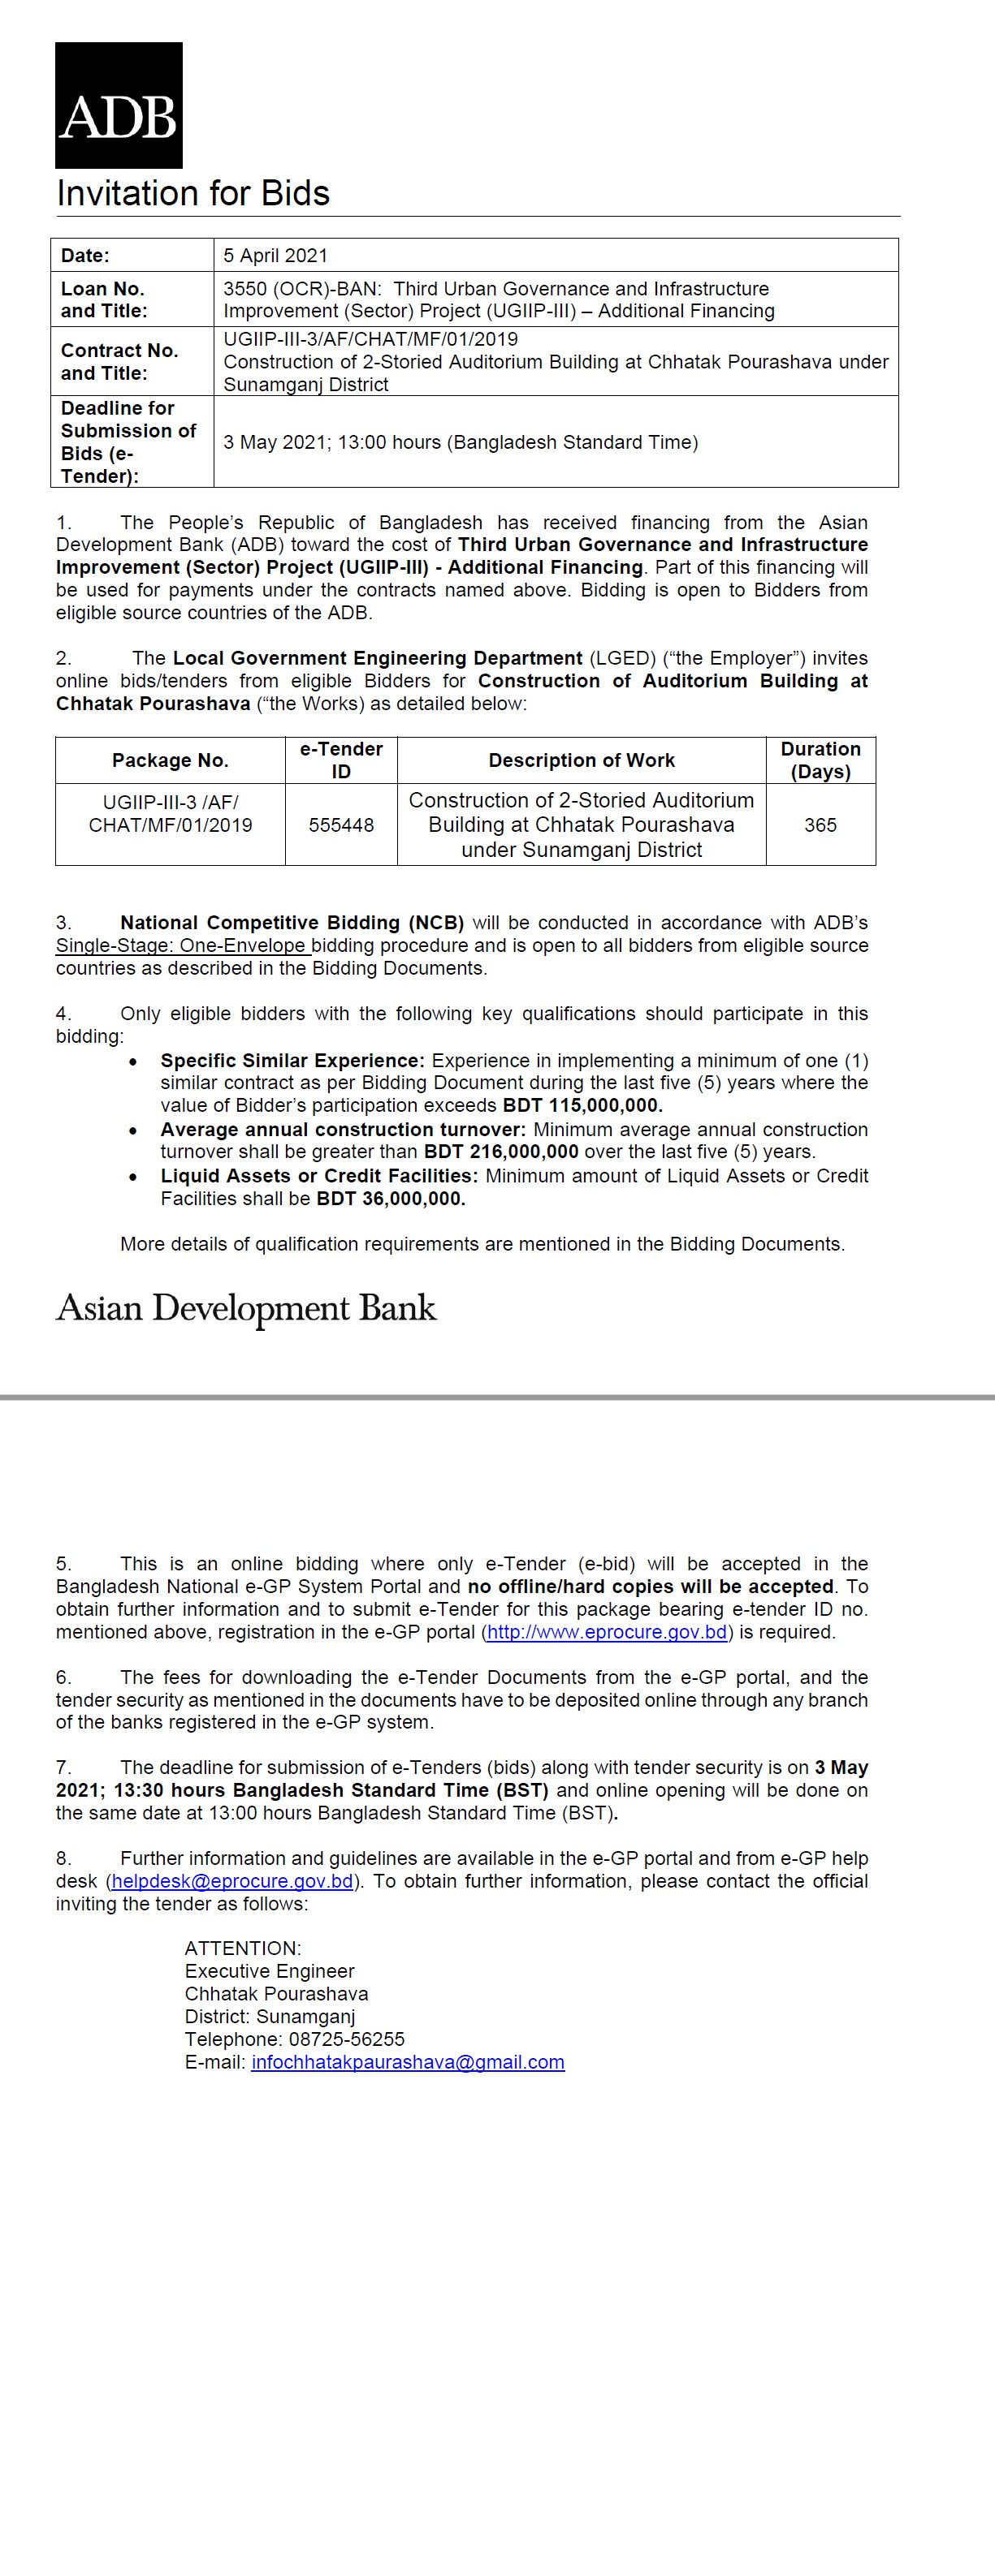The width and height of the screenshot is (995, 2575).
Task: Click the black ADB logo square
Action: coord(119,105)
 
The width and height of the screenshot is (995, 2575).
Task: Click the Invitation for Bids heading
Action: coord(193,193)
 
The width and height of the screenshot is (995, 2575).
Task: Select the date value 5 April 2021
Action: coord(275,256)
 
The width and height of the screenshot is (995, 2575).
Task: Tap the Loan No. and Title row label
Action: coord(103,300)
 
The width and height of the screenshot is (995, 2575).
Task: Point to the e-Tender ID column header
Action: coord(341,760)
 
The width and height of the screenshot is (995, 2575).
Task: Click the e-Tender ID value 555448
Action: coord(341,825)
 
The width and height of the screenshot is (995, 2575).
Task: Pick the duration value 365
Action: coord(820,825)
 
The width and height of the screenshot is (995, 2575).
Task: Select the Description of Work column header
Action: coord(581,760)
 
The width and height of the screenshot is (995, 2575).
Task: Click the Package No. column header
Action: coord(170,760)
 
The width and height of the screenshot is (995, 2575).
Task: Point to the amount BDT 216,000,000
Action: coord(501,1152)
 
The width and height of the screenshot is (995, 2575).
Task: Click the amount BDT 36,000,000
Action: coord(390,1199)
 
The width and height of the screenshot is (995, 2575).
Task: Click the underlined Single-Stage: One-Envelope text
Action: coord(182,945)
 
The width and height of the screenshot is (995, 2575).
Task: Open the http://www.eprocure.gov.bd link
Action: coord(607,1632)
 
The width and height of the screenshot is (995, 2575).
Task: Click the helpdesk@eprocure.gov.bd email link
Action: coord(232,1881)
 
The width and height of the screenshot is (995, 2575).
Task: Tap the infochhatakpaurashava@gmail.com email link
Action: coord(408,2062)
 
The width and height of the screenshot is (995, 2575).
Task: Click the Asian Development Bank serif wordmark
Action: coord(246,1308)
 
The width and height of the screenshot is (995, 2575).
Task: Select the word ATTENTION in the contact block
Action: coord(242,1948)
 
